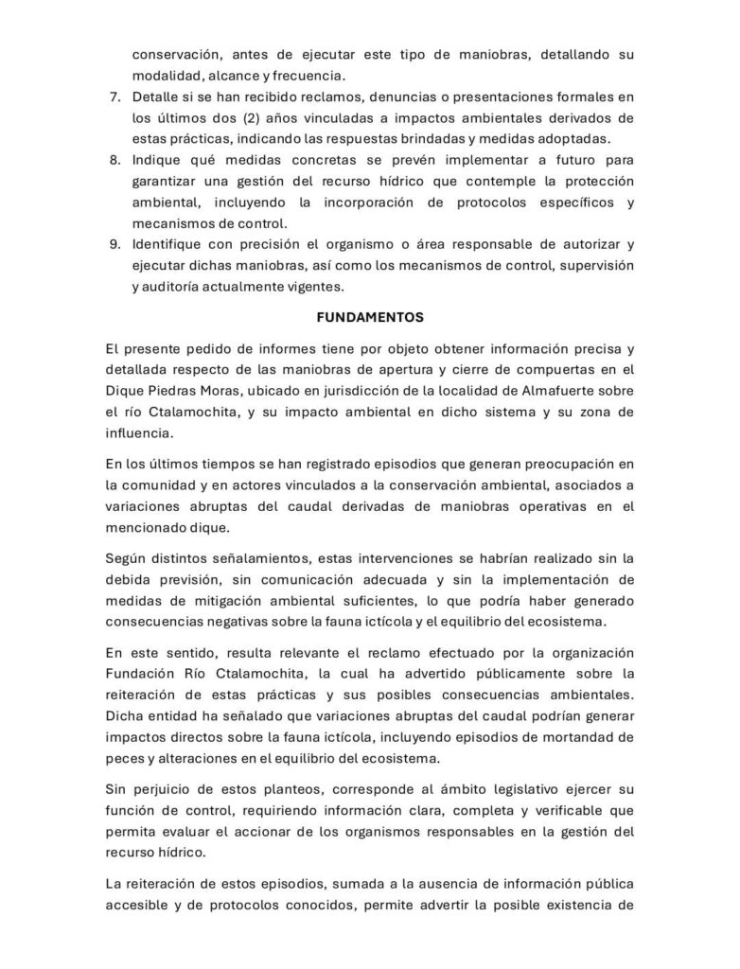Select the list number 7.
(x=115, y=97)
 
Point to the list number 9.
(x=115, y=244)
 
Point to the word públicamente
(x=458, y=673)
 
